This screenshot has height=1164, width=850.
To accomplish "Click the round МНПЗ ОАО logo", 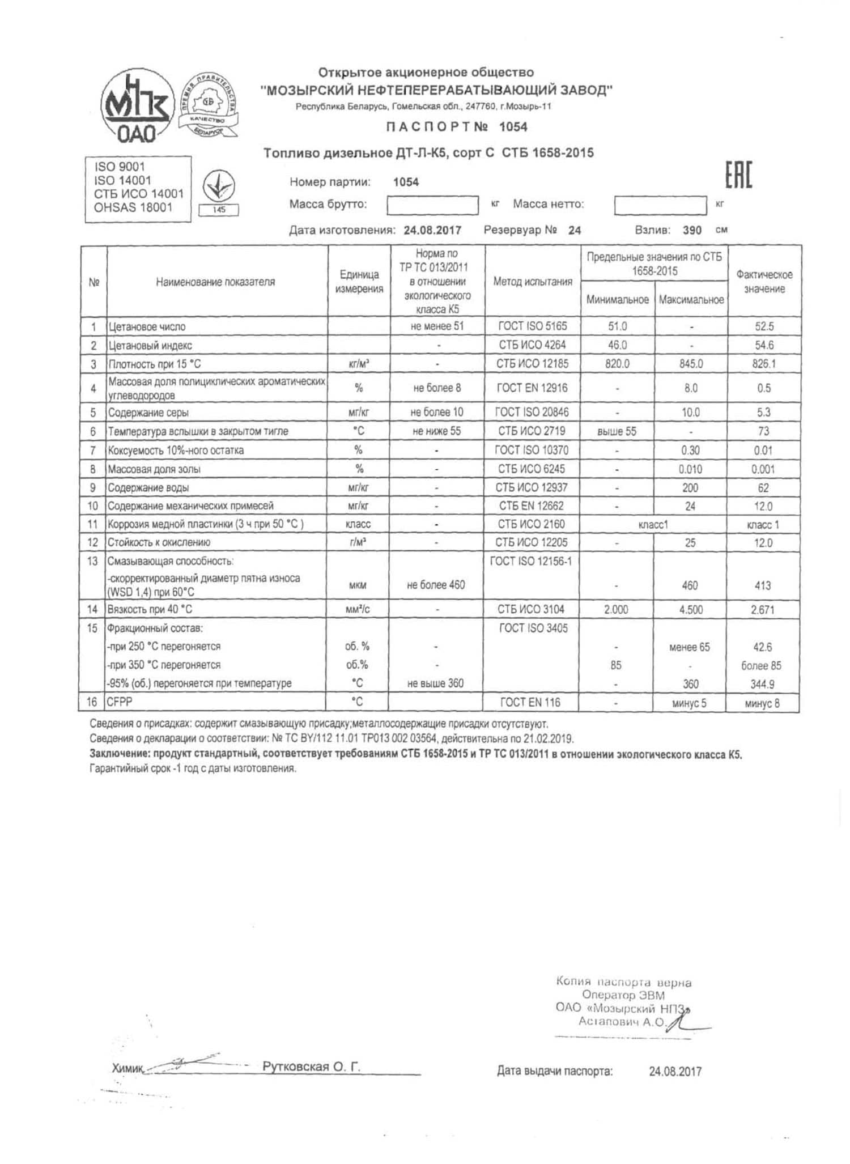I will (x=137, y=108).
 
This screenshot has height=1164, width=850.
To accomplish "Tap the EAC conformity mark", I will (x=739, y=175).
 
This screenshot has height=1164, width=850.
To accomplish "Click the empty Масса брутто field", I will (x=432, y=205).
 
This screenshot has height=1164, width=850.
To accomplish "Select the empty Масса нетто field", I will (x=660, y=205).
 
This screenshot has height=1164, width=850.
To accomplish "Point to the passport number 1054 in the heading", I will (x=513, y=127).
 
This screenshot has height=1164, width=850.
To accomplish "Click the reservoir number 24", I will (x=575, y=230).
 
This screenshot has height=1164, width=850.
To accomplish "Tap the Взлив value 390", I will (x=692, y=230).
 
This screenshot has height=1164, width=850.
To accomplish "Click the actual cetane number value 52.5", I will (x=764, y=326).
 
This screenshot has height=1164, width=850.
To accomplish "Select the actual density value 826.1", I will (x=764, y=364).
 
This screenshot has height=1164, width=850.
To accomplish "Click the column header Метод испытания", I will (x=533, y=282).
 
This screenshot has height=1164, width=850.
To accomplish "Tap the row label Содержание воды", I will (x=148, y=487).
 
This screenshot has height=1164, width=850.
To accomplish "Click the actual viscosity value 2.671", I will (x=763, y=610).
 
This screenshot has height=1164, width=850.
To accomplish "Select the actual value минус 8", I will (x=762, y=703).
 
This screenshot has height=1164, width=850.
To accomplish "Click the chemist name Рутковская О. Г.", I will (x=311, y=1067).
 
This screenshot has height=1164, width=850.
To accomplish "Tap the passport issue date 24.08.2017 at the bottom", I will (x=675, y=1071).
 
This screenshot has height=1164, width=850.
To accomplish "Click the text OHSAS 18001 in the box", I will (x=133, y=207).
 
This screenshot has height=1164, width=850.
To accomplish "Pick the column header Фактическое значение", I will (x=764, y=282).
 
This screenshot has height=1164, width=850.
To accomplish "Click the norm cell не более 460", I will (x=436, y=585).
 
